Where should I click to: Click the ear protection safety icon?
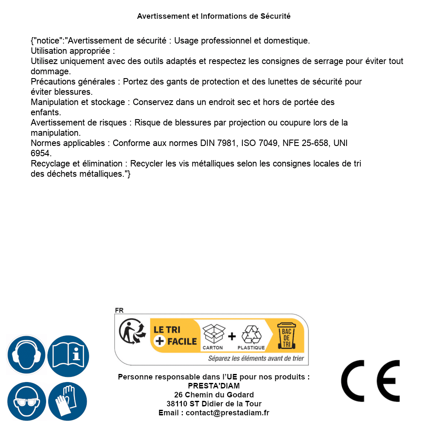pyautogui.click(x=26, y=355)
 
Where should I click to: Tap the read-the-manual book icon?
pyautogui.click(x=68, y=355)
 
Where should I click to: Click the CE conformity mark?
pyautogui.click(x=371, y=381)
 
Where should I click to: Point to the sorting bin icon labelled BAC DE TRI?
pyautogui.click(x=286, y=335)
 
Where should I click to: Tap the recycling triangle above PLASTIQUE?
pyautogui.click(x=251, y=335)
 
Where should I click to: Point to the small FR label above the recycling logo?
pyautogui.click(x=119, y=311)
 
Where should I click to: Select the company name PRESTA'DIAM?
pyautogui.click(x=214, y=386)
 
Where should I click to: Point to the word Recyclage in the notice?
pyautogui.click(x=49, y=163)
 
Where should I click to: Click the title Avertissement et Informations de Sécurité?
pyautogui.click(x=214, y=16)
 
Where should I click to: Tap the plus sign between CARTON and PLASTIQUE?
pyautogui.click(x=232, y=336)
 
